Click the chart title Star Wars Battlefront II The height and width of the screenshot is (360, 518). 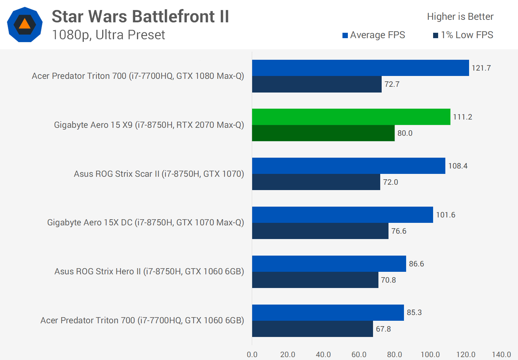coord(140,17)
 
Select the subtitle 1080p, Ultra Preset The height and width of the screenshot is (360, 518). coord(108,35)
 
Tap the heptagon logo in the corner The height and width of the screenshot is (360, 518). coord(25,24)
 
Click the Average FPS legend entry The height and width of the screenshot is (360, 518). coord(374,35)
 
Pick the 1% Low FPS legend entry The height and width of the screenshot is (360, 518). coord(463,35)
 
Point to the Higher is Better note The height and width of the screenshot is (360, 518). coord(460,17)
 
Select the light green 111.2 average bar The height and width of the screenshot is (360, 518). coord(351,117)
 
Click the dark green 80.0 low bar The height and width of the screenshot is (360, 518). coord(323,133)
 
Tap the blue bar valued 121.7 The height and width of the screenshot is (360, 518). coord(360,68)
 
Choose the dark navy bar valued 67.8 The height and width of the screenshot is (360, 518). coord(312,329)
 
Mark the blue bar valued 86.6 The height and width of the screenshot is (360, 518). coord(329,264)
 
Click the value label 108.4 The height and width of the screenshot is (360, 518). coord(458,166)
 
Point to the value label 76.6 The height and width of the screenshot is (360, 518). coord(399,231)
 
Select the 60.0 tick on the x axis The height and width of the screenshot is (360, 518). coord(359,355)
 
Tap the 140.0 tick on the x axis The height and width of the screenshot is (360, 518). coord(501,355)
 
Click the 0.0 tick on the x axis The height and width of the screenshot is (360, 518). coord(252,355)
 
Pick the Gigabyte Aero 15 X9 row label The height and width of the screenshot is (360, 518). coord(149,125)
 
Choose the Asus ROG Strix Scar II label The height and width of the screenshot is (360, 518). coord(159,174)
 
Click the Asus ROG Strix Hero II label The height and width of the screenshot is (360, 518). coord(149,271)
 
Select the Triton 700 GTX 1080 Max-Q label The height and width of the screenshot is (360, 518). coord(138,76)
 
